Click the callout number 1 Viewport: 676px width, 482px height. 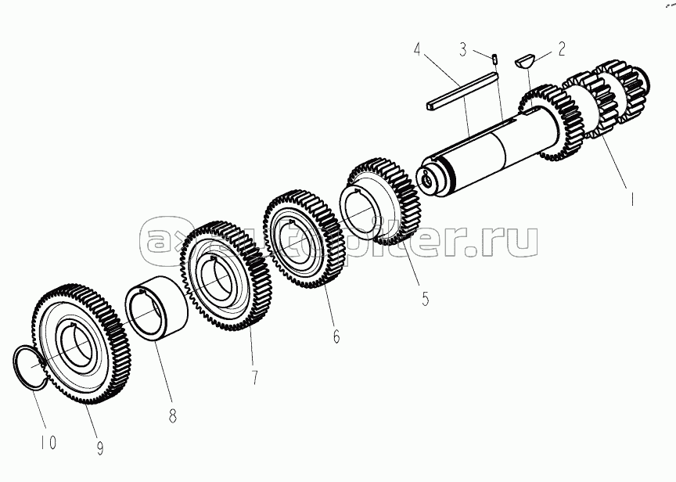click(x=631, y=200)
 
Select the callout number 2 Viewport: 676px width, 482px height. click(x=561, y=49)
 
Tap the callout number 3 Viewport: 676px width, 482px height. click(x=462, y=49)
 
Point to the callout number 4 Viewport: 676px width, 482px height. click(x=417, y=49)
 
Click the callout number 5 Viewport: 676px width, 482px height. click(x=426, y=298)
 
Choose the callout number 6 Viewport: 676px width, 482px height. click(x=336, y=336)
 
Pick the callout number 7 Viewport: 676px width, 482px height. click(x=255, y=377)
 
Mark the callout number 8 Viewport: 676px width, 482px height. click(x=172, y=415)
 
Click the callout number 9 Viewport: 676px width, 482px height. click(x=100, y=448)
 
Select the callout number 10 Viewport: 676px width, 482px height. click(x=49, y=442)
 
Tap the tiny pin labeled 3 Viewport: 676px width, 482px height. click(x=495, y=58)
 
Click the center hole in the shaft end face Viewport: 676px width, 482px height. click(x=427, y=181)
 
